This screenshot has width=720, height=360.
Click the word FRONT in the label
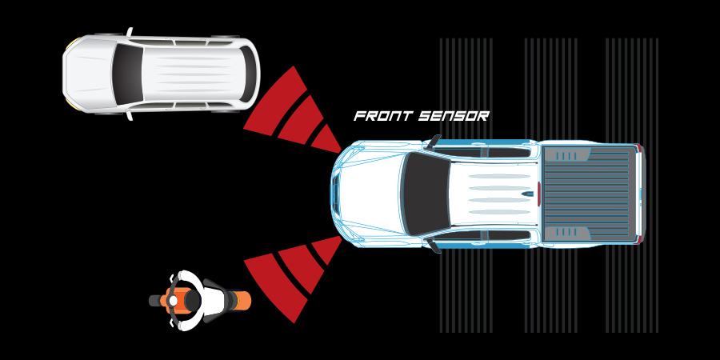click(x=382, y=116)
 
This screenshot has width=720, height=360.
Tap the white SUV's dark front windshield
click(x=126, y=74)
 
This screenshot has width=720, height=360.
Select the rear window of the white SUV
click(x=247, y=74)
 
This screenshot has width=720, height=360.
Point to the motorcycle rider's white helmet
click(x=174, y=301)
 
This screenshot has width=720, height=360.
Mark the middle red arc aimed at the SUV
click(x=302, y=120)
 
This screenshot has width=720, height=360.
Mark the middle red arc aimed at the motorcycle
click(x=302, y=268)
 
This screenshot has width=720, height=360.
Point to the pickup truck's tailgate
click(x=638, y=194)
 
